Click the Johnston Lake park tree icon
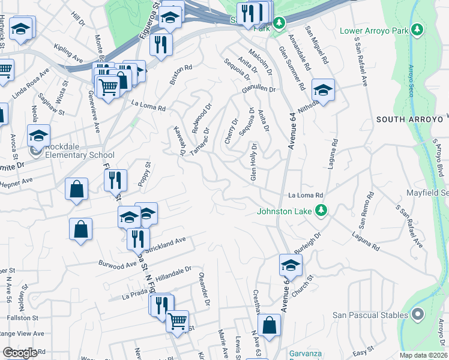[322, 211]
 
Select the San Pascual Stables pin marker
[418, 314]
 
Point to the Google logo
[20, 353]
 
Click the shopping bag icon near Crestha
[270, 325]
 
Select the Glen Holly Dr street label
[254, 163]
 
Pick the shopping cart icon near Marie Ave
[177, 322]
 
